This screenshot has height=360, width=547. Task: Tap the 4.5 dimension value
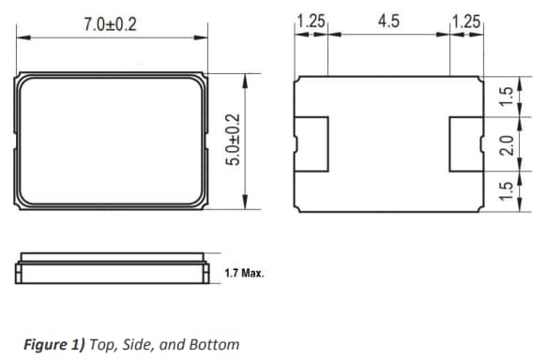click(387, 22)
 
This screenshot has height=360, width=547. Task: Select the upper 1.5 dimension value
click(505, 97)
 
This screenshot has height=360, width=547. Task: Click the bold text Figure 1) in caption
click(51, 344)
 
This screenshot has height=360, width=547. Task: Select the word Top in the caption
click(102, 344)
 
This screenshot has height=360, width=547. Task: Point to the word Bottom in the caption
click(215, 344)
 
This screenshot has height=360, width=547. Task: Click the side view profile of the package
click(111, 268)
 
